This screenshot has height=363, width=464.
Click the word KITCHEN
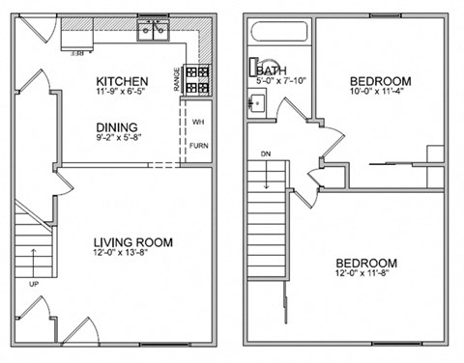pyautogui.click(x=122, y=80)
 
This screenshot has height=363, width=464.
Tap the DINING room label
pyautogui.click(x=116, y=126)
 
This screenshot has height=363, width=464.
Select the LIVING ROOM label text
pyautogui.click(x=133, y=242)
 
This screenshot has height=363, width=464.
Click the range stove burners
pyautogui.click(x=199, y=79)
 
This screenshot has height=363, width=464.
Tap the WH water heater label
pyautogui.click(x=198, y=123)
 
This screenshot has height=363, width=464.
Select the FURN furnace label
pyautogui.click(x=198, y=146)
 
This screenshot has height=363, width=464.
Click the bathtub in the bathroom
pyautogui.click(x=279, y=35)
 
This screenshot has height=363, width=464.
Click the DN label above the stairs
pyautogui.click(x=265, y=154)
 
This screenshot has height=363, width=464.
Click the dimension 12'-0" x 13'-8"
pyautogui.click(x=133, y=254)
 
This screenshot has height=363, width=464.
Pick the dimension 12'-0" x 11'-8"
pyautogui.click(x=367, y=275)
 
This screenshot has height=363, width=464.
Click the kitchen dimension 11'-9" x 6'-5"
pyautogui.click(x=122, y=92)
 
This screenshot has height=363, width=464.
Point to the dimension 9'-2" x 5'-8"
pyautogui.click(x=116, y=138)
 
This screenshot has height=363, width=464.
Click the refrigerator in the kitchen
pyautogui.click(x=76, y=35)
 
